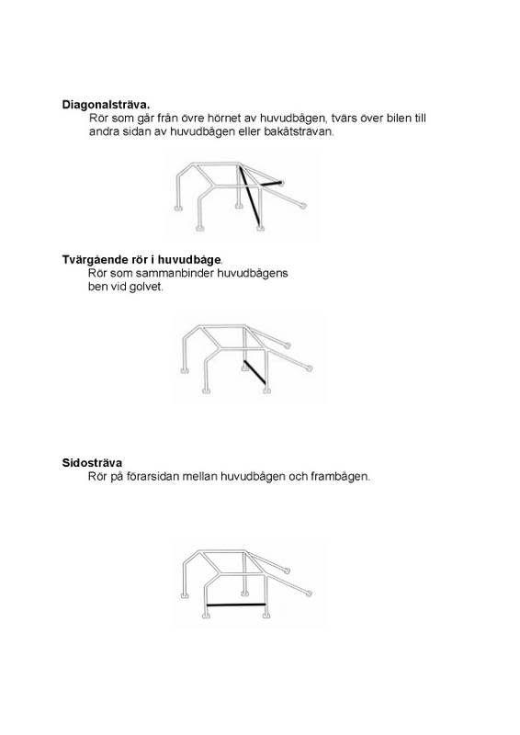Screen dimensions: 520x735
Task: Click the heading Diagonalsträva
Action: click(x=106, y=105)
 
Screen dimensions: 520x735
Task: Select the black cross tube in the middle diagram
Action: click(x=254, y=372)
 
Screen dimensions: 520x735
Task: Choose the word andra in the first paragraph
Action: click(x=105, y=132)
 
